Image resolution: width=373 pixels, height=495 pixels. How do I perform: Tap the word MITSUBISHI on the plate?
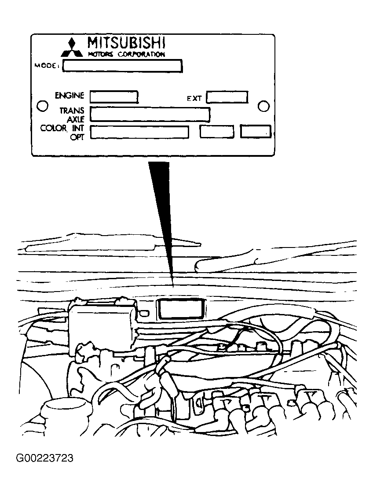coord(126,43)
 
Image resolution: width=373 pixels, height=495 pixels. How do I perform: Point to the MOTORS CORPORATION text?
coord(126,55)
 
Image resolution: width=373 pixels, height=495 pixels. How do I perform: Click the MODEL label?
coord(47,66)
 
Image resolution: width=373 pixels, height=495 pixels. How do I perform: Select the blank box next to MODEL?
coord(122,66)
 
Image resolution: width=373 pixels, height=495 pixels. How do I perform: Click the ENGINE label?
coord(69,95)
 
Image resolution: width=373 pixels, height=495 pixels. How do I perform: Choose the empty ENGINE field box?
coord(114,96)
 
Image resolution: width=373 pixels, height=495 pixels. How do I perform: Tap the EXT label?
coord(194,99)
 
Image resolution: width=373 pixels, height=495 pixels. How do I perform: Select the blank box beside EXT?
coord(227,97)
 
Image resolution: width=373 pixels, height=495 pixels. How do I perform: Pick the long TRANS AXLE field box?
coord(150,114)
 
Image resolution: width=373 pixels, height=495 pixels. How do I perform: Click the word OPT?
coord(77,137)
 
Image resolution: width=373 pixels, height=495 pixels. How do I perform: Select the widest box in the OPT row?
coord(139,132)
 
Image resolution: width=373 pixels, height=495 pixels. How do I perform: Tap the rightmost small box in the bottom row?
coord(255,132)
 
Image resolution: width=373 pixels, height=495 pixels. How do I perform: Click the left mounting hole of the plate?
coord(43,106)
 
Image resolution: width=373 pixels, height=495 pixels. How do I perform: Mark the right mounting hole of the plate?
coord(263,107)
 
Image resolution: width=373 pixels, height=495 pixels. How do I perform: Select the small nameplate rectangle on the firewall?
coord(180,309)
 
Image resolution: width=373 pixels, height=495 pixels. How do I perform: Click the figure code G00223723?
coord(45,458)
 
